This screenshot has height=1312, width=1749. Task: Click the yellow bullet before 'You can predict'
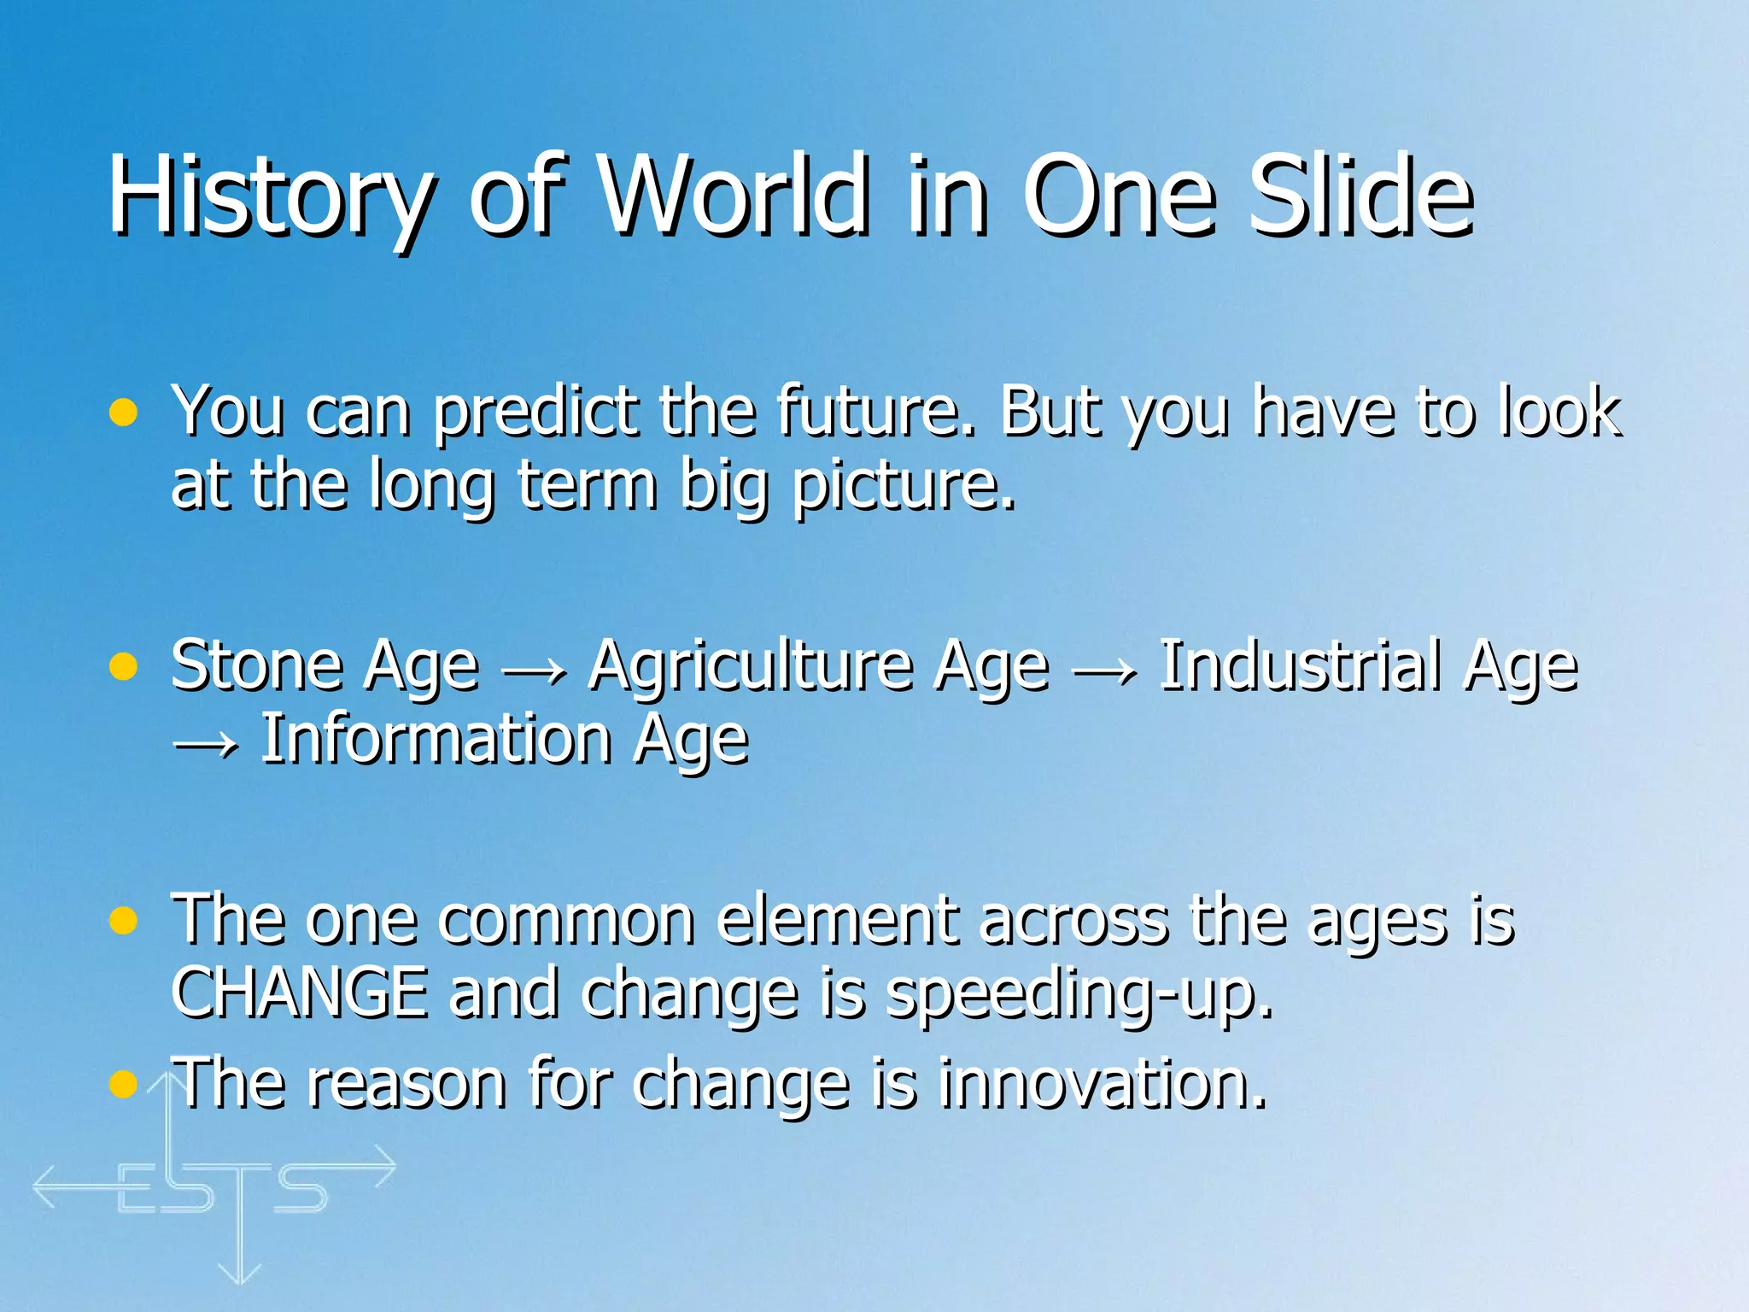pos(124,413)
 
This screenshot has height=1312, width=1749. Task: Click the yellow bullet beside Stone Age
pos(124,667)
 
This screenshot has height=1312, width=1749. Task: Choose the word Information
pos(436,739)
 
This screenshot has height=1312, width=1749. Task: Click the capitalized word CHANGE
pos(299,993)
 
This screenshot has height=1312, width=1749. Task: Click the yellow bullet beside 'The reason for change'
pos(124,1084)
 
